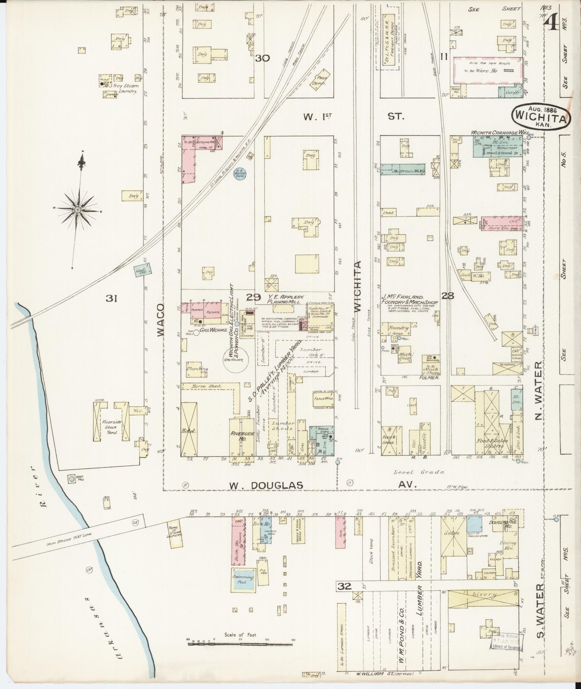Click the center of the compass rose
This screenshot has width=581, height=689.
[78, 210]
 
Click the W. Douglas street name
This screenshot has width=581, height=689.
[266, 485]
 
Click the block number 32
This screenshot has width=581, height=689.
[344, 586]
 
